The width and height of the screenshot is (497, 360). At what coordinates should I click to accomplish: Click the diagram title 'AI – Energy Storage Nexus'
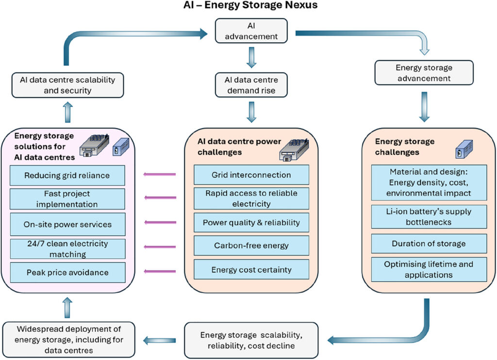click(x=250, y=5)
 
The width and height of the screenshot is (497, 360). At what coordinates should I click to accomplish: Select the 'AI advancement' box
click(x=251, y=31)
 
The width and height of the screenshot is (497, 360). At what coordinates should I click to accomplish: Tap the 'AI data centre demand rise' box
click(x=251, y=85)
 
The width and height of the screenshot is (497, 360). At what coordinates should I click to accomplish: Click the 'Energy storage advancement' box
click(x=424, y=73)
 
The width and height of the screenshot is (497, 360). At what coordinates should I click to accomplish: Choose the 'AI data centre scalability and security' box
click(x=67, y=85)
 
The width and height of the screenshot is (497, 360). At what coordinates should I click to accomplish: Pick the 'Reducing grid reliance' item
click(x=67, y=175)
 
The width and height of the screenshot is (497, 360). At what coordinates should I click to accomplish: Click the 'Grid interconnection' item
click(x=251, y=175)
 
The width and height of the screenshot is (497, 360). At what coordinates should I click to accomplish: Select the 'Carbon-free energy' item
click(x=251, y=245)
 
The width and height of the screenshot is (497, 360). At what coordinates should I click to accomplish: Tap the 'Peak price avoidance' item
click(x=67, y=273)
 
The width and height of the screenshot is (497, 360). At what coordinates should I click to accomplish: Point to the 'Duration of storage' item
click(x=429, y=244)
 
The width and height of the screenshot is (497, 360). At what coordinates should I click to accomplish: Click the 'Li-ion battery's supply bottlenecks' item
click(x=429, y=217)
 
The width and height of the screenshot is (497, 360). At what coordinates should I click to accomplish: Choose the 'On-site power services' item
click(x=67, y=224)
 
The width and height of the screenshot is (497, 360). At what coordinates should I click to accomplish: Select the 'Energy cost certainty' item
click(x=251, y=269)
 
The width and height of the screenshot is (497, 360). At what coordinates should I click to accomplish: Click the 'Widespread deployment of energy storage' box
click(x=69, y=340)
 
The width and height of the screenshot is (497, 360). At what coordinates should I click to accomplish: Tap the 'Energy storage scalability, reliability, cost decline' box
click(x=251, y=341)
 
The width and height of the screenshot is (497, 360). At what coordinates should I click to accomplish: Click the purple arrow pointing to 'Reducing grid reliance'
click(x=159, y=174)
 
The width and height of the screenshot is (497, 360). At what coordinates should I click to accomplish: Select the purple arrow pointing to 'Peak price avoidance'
click(x=160, y=271)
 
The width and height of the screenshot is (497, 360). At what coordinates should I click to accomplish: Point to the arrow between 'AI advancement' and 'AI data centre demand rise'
click(x=251, y=57)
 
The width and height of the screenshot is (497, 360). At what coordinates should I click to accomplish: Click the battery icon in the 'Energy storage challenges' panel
click(x=464, y=149)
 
